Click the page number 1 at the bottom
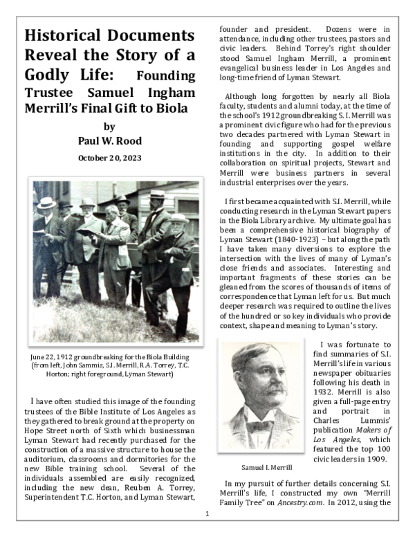pos(207,514)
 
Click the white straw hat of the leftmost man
pos(46,203)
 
